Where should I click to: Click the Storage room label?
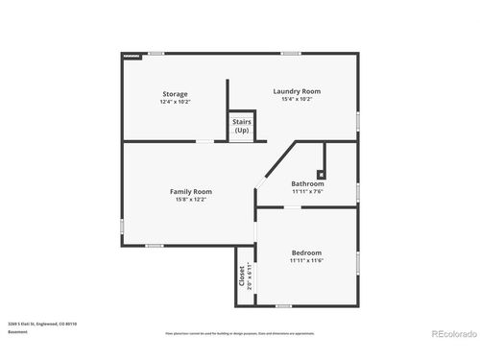tap(175, 93)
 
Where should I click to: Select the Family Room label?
tap(191, 191)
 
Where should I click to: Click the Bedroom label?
tap(307, 252)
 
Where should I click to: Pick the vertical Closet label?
tap(241, 276)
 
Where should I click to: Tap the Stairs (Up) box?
tap(242, 127)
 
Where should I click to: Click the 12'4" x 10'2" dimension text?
tap(175, 101)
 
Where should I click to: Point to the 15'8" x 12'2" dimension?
tap(191, 199)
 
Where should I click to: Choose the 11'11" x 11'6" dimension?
tap(307, 260)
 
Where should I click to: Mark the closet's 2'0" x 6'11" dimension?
tap(250, 276)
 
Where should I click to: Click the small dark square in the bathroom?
tap(321, 175)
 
